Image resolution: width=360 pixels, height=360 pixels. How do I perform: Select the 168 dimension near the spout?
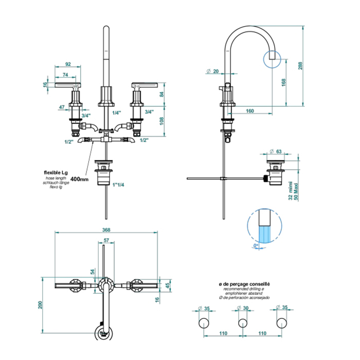pyautogui.click(x=285, y=83)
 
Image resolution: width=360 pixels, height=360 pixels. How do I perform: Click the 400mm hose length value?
pyautogui.click(x=80, y=179)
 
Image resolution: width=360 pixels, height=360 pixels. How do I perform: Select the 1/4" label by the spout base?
pyautogui.click(x=117, y=112)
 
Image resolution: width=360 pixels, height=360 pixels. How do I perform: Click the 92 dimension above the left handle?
pyautogui.click(x=67, y=65)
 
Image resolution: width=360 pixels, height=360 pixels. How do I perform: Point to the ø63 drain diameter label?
pyautogui.click(x=276, y=152)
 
